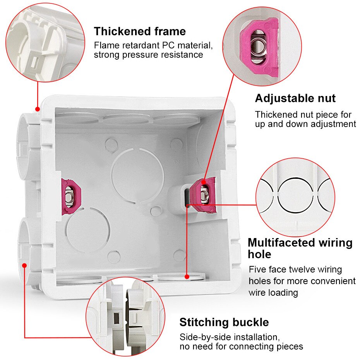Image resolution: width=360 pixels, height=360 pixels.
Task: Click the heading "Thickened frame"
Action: coord(140,31)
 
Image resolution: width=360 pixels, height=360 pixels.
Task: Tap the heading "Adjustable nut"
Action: coord(295,98)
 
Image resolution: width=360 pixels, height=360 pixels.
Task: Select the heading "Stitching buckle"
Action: coord(224,322)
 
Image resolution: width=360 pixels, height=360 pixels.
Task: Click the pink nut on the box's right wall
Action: coord(203,193)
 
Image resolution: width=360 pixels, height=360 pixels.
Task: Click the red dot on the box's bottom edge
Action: coord(187,277)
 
